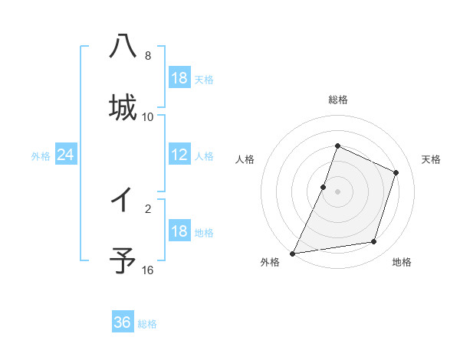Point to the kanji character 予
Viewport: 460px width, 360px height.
pyautogui.click(x=123, y=261)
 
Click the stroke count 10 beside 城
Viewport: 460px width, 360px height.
pyautogui.click(x=148, y=116)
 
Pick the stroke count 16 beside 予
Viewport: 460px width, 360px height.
pyautogui.click(x=148, y=270)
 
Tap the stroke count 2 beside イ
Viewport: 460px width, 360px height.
pyautogui.click(x=148, y=208)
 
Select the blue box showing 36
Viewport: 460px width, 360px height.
pyautogui.click(x=123, y=322)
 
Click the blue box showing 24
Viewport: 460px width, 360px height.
pyautogui.click(x=66, y=155)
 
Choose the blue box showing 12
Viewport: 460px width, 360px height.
pyautogui.click(x=179, y=155)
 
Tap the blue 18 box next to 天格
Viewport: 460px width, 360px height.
pyautogui.click(x=179, y=78)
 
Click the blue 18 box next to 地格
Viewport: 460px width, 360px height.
pyautogui.click(x=179, y=231)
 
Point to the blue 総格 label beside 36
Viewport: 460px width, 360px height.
pyautogui.click(x=147, y=324)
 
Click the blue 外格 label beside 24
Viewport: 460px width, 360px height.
pyautogui.click(x=41, y=156)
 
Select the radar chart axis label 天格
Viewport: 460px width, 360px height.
pyautogui.click(x=431, y=159)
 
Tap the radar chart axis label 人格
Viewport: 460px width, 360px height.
pyautogui.click(x=245, y=159)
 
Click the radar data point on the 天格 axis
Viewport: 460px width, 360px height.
pyautogui.click(x=396, y=172)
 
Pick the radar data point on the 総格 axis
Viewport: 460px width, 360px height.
pyautogui.click(x=337, y=146)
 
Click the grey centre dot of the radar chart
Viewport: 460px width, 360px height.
pyautogui.click(x=337, y=191)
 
